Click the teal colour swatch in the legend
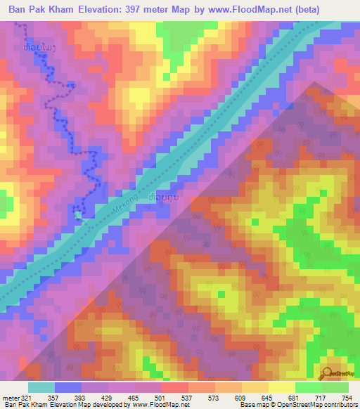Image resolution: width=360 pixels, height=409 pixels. pyautogui.click(x=41, y=387)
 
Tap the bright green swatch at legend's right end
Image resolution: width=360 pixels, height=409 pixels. pyautogui.click(x=335, y=387)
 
